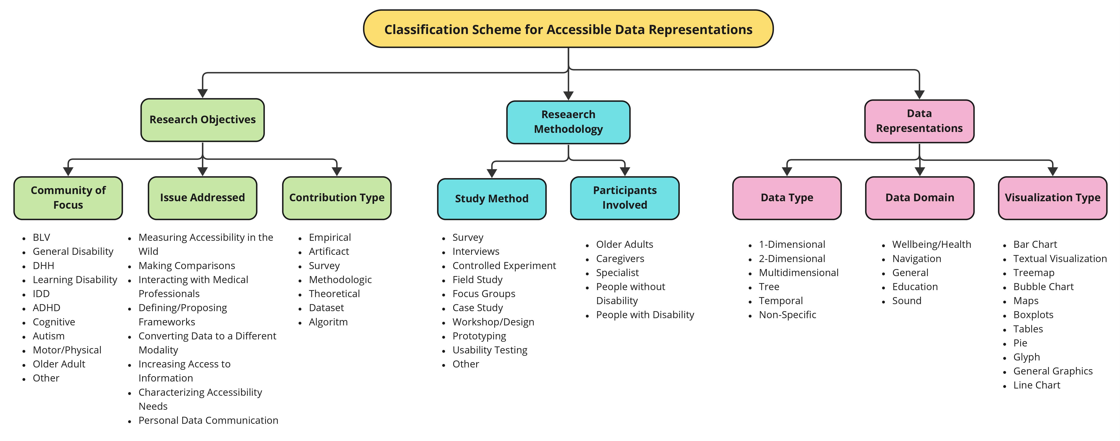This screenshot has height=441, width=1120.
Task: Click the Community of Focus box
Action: (x=68, y=198)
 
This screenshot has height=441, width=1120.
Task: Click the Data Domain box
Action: (x=920, y=198)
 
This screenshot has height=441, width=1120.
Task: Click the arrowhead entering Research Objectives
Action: (x=203, y=94)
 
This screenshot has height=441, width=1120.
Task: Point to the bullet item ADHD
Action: (x=47, y=308)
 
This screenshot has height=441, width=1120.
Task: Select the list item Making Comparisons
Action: (x=187, y=265)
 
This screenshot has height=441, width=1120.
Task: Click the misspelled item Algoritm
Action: (x=328, y=322)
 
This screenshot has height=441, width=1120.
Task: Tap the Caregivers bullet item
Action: (x=620, y=258)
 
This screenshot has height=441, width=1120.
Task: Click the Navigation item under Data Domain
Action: (x=917, y=258)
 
